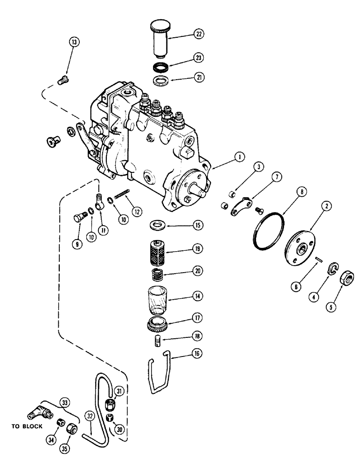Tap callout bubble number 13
(74, 42)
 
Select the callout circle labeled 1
(238, 158)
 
